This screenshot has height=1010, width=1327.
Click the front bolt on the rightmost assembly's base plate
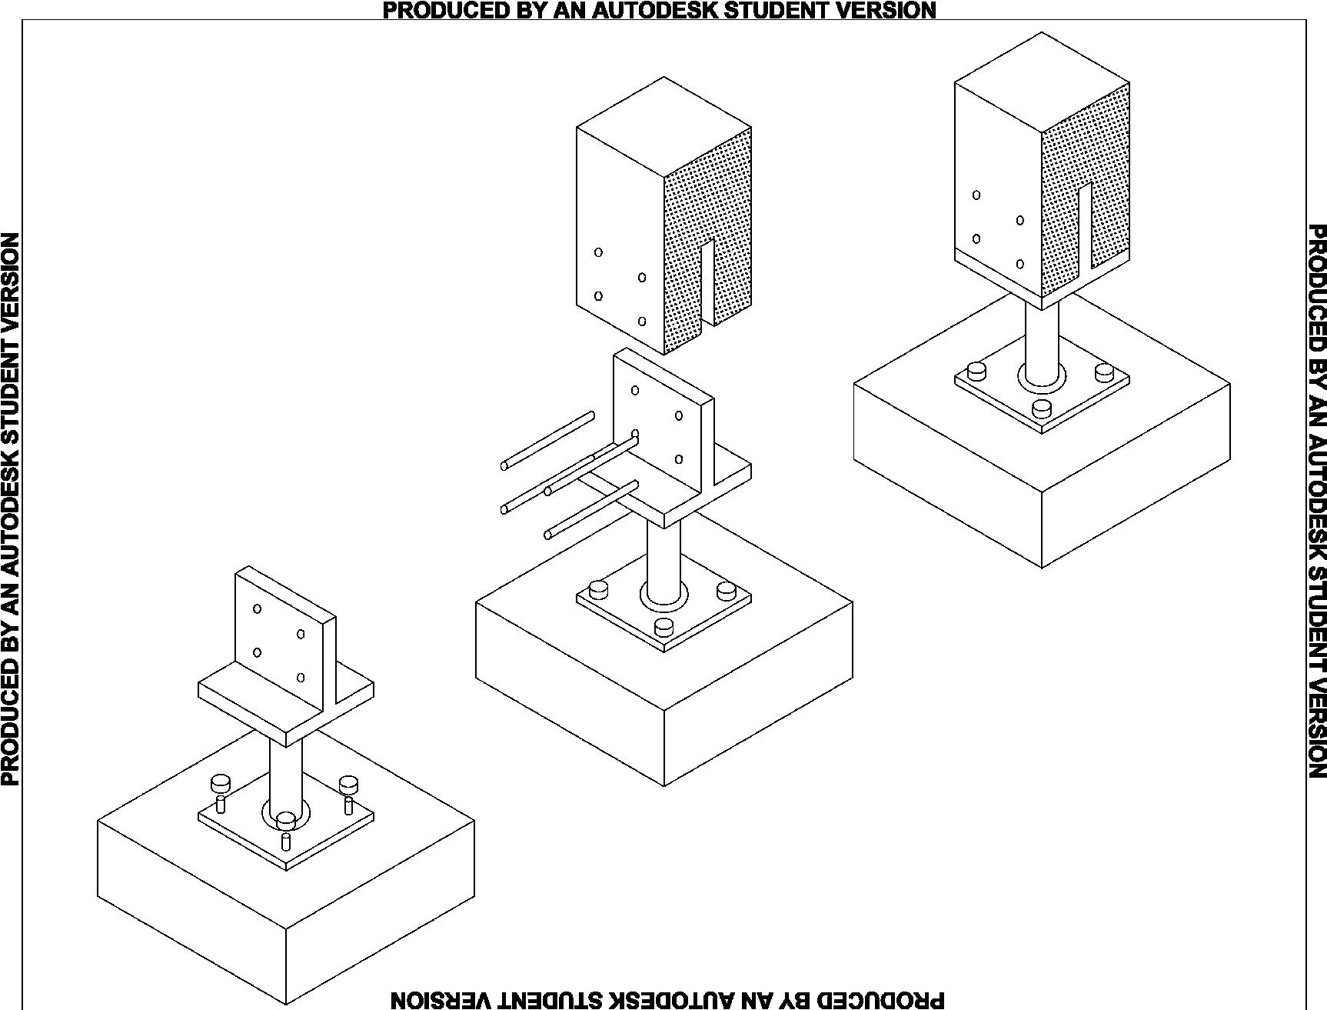point(1042,408)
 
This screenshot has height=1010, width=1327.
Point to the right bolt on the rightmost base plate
point(1104,372)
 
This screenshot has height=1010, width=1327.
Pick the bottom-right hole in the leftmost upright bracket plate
point(301,678)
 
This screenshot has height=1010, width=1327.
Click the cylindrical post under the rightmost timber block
point(1042,338)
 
